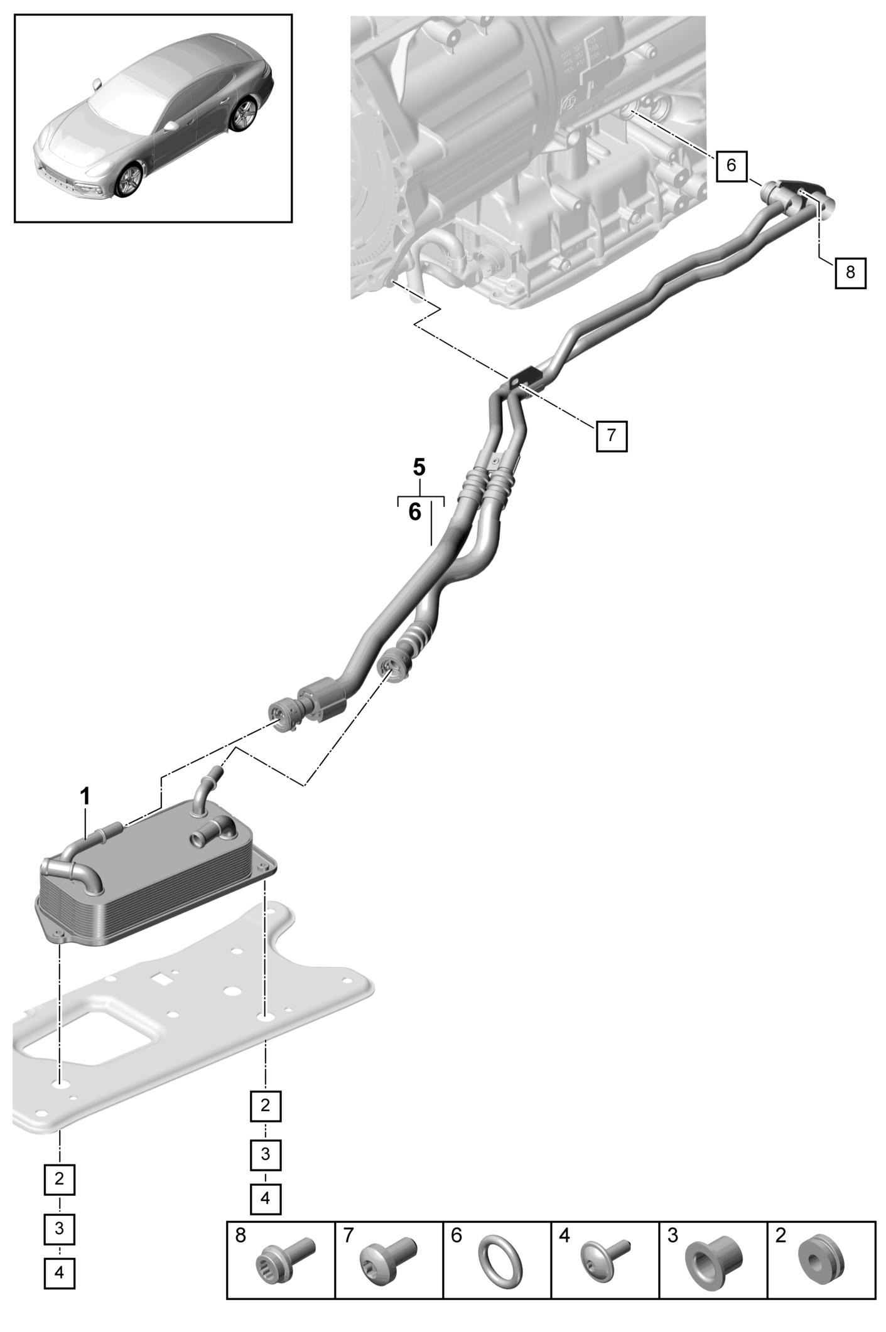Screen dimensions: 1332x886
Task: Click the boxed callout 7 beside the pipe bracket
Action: (x=611, y=435)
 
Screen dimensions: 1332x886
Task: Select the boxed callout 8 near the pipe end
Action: (x=850, y=272)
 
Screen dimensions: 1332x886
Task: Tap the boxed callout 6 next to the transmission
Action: (x=731, y=166)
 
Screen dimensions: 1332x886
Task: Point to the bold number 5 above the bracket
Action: (x=419, y=467)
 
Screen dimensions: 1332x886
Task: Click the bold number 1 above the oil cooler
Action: (x=85, y=797)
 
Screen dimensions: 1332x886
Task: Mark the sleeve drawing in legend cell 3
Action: (x=713, y=1260)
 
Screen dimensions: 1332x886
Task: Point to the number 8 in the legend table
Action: (x=240, y=1236)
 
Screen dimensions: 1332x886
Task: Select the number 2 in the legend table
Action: (x=781, y=1236)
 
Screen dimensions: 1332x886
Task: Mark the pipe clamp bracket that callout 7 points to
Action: (x=524, y=378)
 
